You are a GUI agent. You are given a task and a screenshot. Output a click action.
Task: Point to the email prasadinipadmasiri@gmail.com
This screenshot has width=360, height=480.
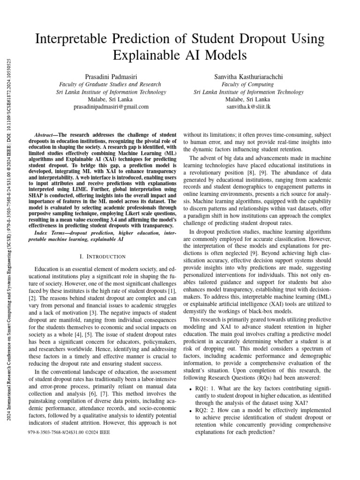[111, 107]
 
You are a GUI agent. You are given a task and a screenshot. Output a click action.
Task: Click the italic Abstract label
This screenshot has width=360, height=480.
[46, 134]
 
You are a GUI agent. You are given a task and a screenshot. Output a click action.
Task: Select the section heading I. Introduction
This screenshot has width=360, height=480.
[103, 256]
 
